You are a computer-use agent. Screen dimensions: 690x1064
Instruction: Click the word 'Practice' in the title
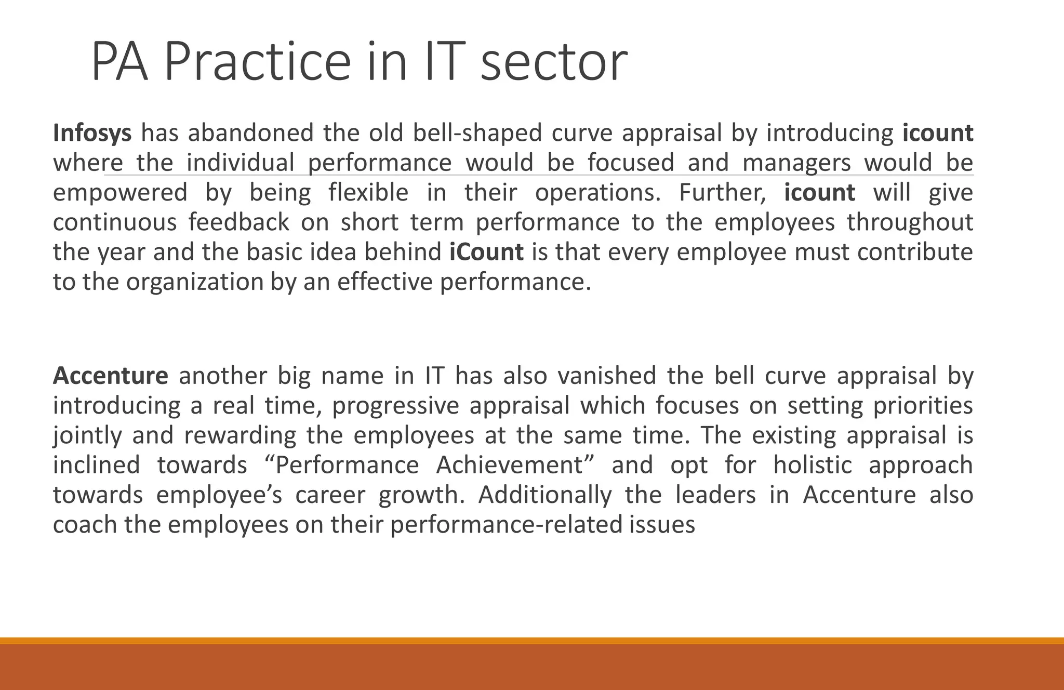257,62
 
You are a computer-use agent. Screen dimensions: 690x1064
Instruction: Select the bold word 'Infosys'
92,133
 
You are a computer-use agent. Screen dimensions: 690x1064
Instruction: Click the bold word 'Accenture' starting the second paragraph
110,376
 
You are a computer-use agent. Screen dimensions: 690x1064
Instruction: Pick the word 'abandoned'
250,133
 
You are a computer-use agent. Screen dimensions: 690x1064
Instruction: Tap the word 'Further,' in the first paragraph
722,193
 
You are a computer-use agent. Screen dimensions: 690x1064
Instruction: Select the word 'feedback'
238,222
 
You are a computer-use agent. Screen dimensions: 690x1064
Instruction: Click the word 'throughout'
910,222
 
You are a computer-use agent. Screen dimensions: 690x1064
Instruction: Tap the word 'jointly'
87,435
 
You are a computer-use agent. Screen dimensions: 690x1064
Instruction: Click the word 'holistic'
812,465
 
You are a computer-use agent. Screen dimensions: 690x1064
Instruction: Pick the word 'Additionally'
545,495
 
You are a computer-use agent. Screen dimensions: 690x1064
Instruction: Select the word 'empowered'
120,193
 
